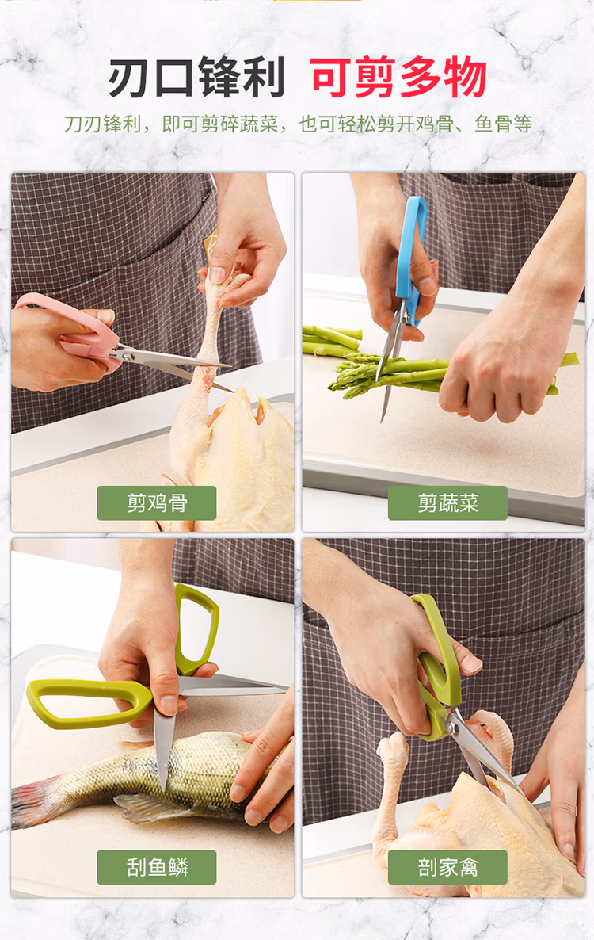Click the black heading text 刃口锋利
(196, 78)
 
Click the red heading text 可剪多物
(398, 78)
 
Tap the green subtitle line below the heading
(298, 124)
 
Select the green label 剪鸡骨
(156, 503)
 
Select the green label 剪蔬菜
(447, 503)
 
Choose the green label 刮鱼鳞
(156, 867)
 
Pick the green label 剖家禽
(447, 867)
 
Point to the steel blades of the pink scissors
(173, 365)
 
